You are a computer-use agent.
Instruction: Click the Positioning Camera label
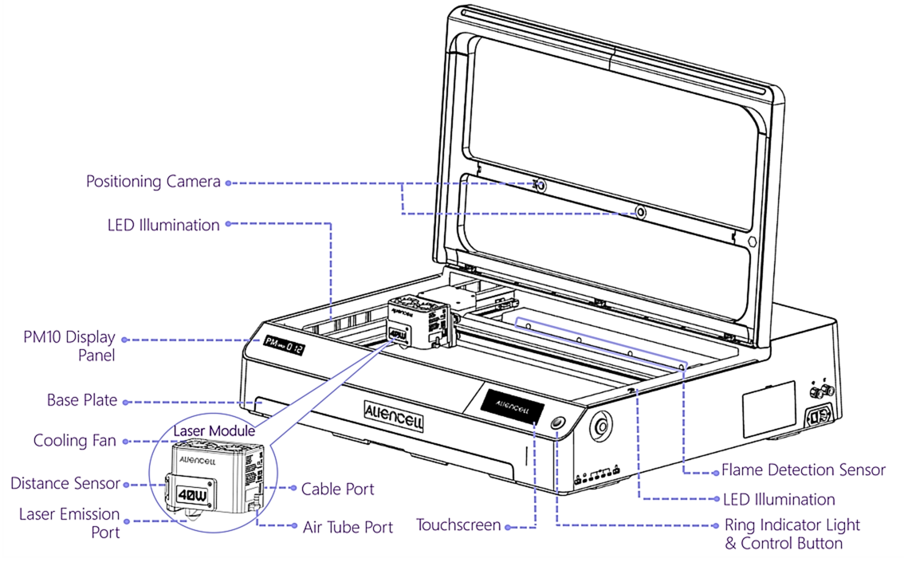(x=153, y=182)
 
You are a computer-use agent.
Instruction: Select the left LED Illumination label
(x=163, y=225)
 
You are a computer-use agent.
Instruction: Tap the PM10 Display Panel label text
(x=69, y=346)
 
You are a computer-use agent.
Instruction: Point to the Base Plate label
(x=82, y=400)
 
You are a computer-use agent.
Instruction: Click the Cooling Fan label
(x=74, y=440)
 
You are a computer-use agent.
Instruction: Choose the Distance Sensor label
(x=65, y=483)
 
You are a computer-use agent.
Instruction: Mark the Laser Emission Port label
(x=69, y=523)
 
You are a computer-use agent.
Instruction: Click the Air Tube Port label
(x=348, y=527)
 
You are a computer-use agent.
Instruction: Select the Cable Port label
(x=337, y=488)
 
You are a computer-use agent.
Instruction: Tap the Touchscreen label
(x=458, y=525)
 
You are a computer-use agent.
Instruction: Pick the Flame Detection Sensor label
(x=804, y=470)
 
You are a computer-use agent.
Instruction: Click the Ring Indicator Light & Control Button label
(x=792, y=534)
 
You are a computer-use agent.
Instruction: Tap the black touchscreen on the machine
(x=510, y=404)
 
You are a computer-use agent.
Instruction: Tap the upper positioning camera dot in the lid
(x=540, y=185)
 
